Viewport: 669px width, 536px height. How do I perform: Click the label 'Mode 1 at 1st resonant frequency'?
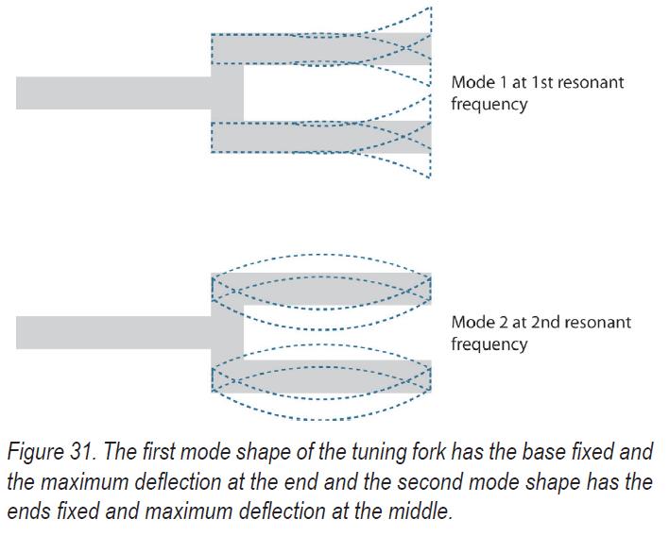tap(537, 92)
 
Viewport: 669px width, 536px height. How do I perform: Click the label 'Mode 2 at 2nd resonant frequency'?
tap(540, 332)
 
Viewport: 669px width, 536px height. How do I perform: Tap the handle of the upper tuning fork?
tap(113, 92)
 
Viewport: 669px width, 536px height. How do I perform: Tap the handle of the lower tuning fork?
tap(113, 332)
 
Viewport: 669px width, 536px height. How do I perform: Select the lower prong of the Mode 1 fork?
tap(321, 137)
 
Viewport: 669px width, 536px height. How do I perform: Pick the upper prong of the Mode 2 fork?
tap(321, 289)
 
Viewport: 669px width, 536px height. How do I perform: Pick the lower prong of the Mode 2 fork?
tap(321, 377)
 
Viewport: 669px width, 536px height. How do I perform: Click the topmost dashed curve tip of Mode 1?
tap(431, 8)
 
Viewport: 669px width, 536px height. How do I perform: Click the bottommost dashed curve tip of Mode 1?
tap(431, 176)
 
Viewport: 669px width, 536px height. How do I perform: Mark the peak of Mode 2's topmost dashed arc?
tap(321, 255)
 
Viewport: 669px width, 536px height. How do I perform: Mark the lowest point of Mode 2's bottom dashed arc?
tap(321, 418)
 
